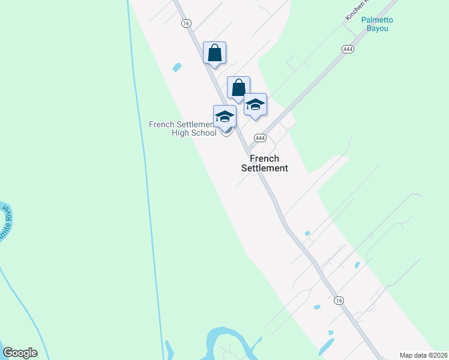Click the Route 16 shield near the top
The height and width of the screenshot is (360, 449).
click(186, 23)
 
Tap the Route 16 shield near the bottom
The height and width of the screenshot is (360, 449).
click(340, 300)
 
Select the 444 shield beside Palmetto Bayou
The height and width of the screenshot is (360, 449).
click(347, 49)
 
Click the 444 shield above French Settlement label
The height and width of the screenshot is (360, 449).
click(260, 138)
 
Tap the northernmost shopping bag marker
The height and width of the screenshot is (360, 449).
click(214, 53)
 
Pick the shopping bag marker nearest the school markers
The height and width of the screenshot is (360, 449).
click(238, 88)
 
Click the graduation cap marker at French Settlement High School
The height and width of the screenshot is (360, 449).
click(225, 116)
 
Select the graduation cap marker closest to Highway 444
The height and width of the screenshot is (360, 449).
click(255, 104)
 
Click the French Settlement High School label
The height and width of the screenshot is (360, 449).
click(183, 128)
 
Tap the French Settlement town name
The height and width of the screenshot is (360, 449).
click(265, 163)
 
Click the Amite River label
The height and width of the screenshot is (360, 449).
click(5, 222)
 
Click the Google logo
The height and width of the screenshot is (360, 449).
click(20, 353)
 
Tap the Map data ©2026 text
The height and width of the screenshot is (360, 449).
click(424, 355)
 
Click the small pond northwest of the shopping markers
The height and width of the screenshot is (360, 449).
click(176, 67)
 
